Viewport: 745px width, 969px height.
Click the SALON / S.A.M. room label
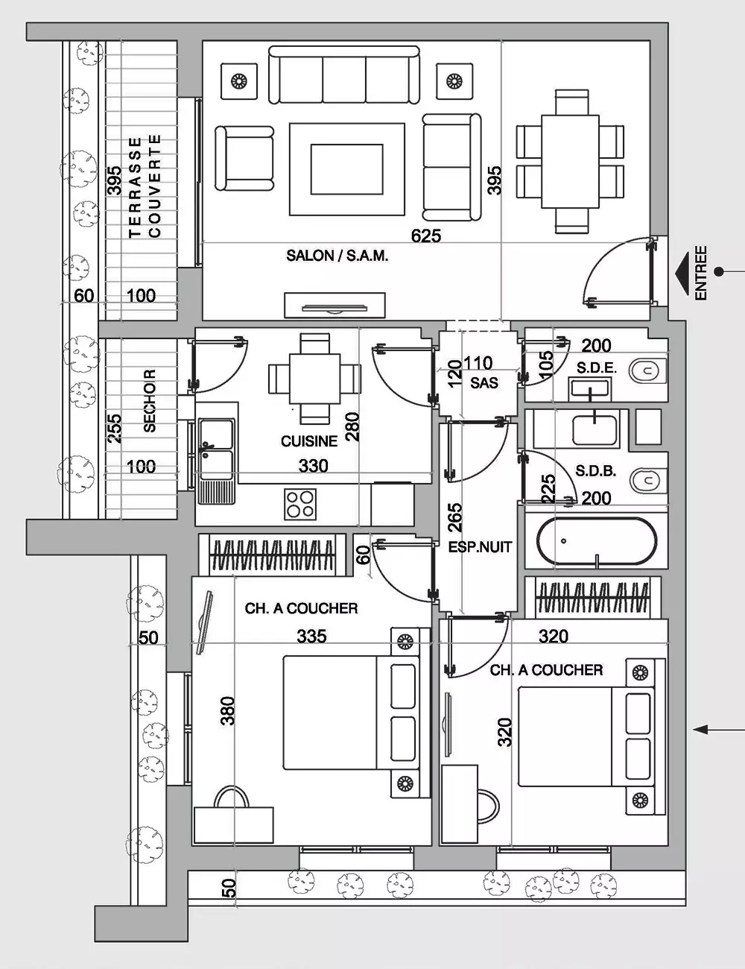[337, 256]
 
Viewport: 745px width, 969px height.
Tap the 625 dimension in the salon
[426, 236]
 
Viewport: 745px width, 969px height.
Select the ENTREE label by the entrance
[701, 273]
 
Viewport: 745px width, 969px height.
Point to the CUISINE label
[308, 441]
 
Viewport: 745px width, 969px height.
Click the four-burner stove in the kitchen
[300, 504]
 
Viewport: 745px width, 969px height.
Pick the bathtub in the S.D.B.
[597, 541]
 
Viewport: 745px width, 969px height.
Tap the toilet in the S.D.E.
[647, 370]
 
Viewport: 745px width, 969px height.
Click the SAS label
[484, 382]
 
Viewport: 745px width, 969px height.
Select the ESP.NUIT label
[480, 547]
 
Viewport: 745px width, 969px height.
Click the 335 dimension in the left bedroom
[311, 637]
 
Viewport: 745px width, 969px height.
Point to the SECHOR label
[150, 400]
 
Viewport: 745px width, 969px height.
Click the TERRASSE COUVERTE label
[145, 186]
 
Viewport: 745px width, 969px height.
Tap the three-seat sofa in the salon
[344, 75]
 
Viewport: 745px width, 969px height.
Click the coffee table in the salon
[347, 169]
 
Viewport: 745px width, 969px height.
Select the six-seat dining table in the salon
[571, 162]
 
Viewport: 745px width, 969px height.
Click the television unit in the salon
[335, 306]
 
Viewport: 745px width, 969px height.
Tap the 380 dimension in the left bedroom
[228, 711]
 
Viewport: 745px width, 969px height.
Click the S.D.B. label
[596, 471]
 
